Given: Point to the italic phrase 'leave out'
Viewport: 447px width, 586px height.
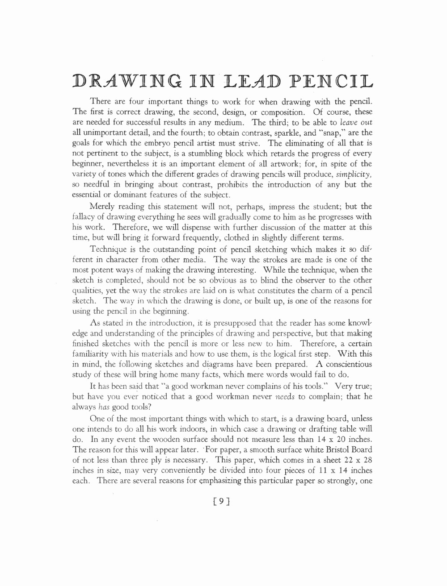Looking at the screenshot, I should point(356,122).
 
